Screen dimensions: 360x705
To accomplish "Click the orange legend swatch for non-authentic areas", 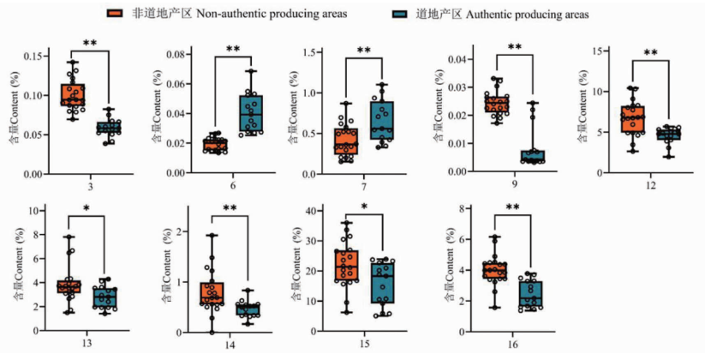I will coord(113,15).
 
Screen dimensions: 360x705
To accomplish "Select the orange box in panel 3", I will coord(73,94).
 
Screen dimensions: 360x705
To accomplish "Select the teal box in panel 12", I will coord(667,134).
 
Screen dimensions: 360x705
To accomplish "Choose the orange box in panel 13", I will coord(69,285).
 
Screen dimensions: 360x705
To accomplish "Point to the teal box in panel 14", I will coord(249,309).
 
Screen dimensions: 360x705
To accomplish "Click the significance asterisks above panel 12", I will coord(650,53).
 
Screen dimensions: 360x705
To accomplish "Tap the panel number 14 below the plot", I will coord(230,345).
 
